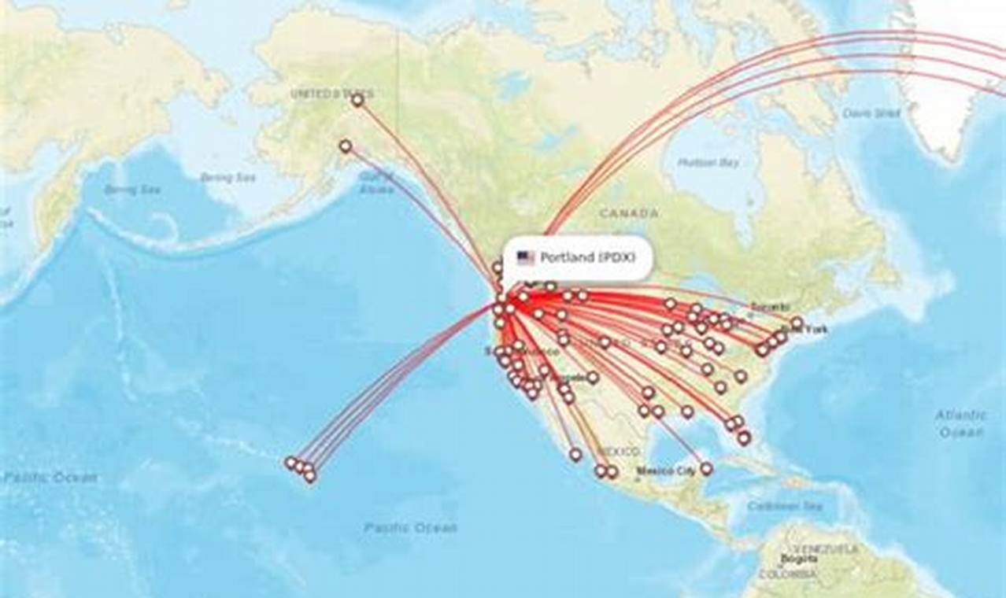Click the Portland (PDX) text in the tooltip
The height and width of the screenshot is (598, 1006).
click(x=587, y=257)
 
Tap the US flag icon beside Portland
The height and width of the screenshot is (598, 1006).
click(x=525, y=257)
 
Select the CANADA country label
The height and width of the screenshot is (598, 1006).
click(x=628, y=213)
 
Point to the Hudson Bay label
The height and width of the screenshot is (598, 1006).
click(x=708, y=163)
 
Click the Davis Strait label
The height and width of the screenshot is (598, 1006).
click(x=871, y=113)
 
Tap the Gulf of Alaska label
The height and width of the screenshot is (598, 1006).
click(x=375, y=183)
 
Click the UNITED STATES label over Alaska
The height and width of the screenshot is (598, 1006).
click(x=321, y=94)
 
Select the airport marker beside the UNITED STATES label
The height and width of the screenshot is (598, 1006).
click(x=357, y=100)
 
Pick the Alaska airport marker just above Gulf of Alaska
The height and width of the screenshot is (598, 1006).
click(x=345, y=146)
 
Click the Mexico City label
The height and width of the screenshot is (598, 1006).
click(x=666, y=471)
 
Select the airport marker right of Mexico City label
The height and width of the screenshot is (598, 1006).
click(x=706, y=468)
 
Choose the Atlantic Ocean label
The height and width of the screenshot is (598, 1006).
click(x=960, y=423)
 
